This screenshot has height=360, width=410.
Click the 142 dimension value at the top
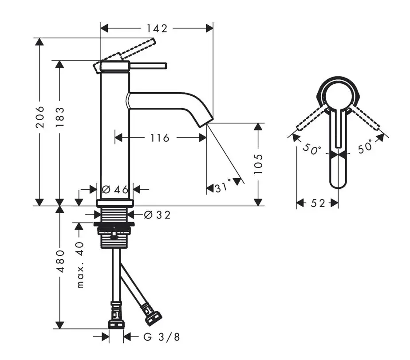tap(157, 28)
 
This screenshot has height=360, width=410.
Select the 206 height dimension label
tap(40, 117)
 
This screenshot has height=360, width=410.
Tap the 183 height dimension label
tap(60, 117)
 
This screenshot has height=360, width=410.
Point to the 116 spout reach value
tap(160, 138)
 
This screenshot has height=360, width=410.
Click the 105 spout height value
tap(258, 164)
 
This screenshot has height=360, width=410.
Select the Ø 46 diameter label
tap(115, 189)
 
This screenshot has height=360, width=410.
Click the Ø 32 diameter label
tap(157, 215)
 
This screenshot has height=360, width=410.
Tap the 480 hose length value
tap(60, 261)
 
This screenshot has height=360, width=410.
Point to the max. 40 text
tap(81, 265)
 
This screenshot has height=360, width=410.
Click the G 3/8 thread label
tap(162, 337)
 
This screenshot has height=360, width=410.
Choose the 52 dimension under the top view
tap(318, 203)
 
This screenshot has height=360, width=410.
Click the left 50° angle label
tap(311, 149)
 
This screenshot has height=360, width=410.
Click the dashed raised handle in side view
tap(124, 55)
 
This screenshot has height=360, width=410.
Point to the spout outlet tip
tap(207, 123)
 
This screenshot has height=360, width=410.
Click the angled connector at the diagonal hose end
tap(152, 314)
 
